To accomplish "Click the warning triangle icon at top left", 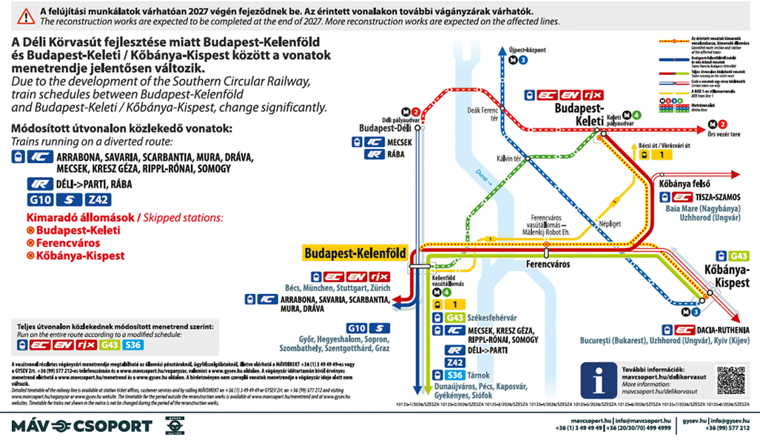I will pos(27,15).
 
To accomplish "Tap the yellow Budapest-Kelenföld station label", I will pos(354,253).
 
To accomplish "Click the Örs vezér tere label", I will pos(733,135).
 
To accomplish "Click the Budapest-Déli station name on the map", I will pos(385,127).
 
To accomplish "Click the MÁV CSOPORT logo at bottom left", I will pos(81,425).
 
